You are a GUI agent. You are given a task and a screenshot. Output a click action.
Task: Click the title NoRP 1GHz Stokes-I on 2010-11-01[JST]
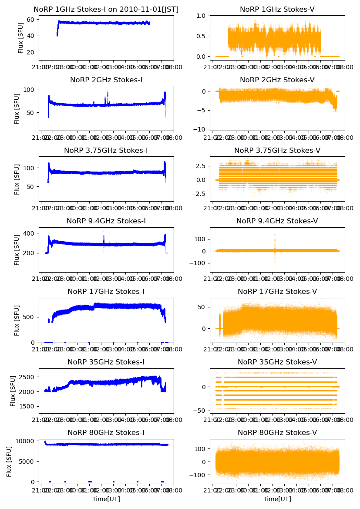106,10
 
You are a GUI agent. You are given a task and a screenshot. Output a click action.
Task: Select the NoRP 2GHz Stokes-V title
277,80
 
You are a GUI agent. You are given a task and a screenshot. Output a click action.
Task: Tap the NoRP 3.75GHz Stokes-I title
106,151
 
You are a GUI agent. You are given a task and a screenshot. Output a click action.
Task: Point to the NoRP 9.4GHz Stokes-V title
277,221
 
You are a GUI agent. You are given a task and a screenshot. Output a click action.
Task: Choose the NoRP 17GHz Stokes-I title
106,292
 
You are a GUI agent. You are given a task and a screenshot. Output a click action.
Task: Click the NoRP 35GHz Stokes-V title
277,362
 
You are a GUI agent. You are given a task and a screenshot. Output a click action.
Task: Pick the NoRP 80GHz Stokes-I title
106,433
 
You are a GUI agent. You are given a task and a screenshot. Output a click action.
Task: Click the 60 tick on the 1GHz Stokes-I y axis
31,20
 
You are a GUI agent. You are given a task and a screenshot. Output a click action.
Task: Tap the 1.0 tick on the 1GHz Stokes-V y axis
202,16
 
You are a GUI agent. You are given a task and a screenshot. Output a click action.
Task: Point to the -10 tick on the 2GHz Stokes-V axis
202,129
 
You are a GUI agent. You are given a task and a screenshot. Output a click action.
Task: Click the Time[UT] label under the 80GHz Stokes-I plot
106,499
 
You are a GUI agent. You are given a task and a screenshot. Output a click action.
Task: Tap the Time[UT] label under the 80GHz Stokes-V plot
277,499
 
